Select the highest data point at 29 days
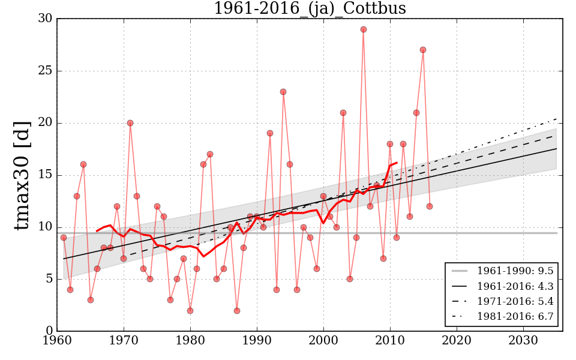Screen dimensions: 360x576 pyautogui.click(x=363, y=29)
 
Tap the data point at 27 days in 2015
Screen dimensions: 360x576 pyautogui.click(x=423, y=50)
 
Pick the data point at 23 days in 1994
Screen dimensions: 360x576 pyautogui.click(x=283, y=92)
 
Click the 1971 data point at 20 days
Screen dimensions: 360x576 pyautogui.click(x=130, y=123)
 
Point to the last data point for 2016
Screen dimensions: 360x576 pyautogui.click(x=430, y=206)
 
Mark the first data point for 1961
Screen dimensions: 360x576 pyautogui.click(x=64, y=238)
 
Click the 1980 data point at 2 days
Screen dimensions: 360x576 pyautogui.click(x=190, y=311)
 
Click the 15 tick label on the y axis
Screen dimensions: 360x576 pyautogui.click(x=44, y=175)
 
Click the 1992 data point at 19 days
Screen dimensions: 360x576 pyautogui.click(x=270, y=133)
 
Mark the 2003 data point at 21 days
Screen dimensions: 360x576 pyautogui.click(x=343, y=113)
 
